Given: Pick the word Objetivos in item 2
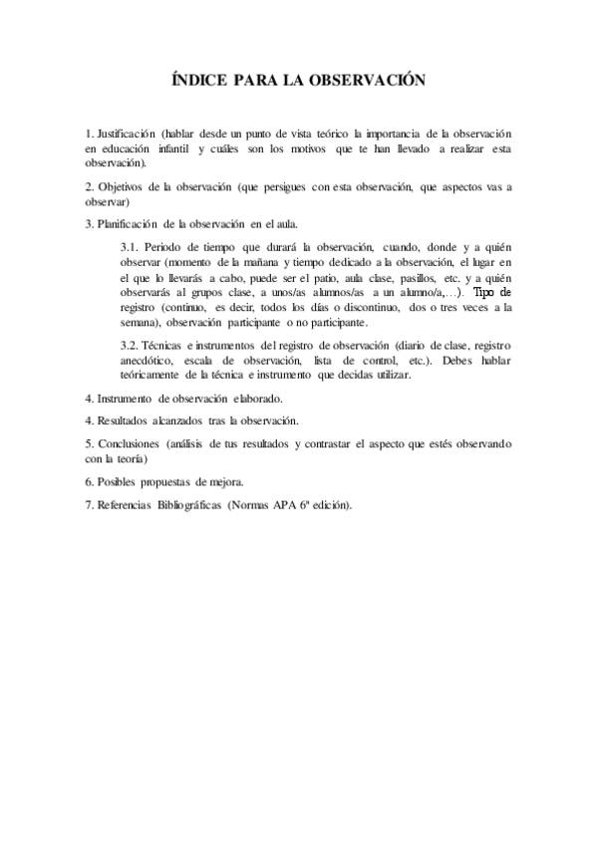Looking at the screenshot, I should [x=127, y=186].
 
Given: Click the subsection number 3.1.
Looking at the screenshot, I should [x=129, y=246].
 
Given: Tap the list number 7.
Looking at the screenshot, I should [x=89, y=505].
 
